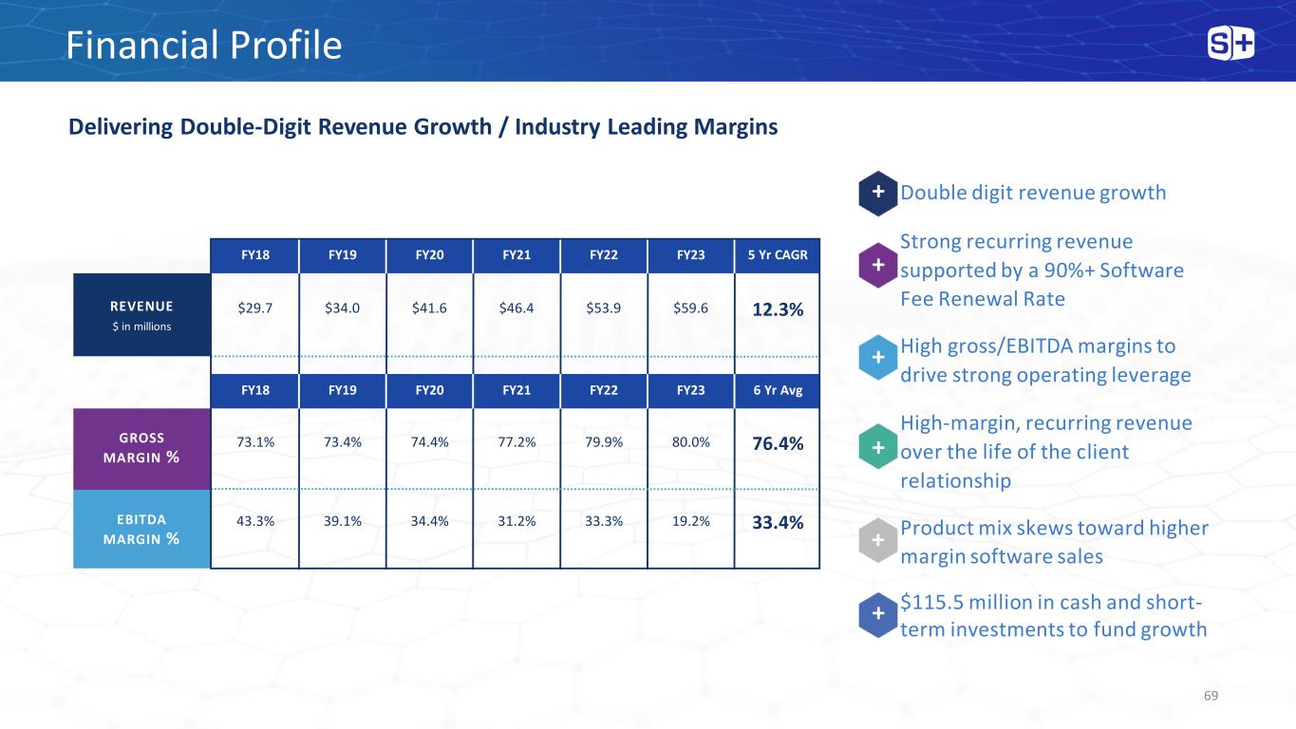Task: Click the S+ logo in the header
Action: (1230, 44)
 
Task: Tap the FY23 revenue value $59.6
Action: (690, 308)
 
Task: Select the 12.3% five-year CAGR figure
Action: (778, 309)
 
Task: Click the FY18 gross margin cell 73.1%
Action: (255, 442)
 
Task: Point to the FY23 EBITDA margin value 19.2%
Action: (691, 521)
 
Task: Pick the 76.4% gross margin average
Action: (778, 444)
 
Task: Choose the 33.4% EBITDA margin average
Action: (778, 523)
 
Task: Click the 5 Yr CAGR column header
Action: (778, 255)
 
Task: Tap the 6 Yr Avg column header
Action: (778, 390)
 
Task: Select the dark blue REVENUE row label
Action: (141, 315)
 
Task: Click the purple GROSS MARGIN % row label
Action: (141, 449)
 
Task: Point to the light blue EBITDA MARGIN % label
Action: (141, 529)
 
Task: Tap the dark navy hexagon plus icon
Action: (877, 194)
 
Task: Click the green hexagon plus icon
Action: (877, 447)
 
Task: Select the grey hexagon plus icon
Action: (877, 540)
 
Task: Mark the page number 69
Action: (1211, 696)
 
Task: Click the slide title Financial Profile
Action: (203, 46)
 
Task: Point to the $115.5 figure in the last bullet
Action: (931, 603)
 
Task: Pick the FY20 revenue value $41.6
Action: (429, 308)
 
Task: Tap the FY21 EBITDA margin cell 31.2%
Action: (517, 521)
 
